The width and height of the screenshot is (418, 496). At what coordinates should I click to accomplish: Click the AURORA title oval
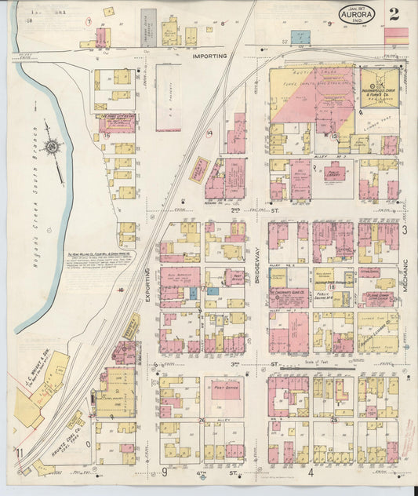pyautogui.click(x=357, y=14)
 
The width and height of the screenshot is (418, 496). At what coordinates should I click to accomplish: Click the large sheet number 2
pyautogui.click(x=393, y=13)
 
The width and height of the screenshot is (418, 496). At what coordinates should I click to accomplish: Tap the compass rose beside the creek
pyautogui.click(x=53, y=145)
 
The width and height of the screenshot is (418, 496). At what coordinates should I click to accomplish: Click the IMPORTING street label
pyautogui.click(x=210, y=57)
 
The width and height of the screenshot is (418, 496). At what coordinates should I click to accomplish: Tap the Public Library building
pyautogui.click(x=336, y=173)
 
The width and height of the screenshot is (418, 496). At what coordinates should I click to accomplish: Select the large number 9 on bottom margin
pyautogui.click(x=165, y=472)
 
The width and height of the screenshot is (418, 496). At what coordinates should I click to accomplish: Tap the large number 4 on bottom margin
pyautogui.click(x=311, y=472)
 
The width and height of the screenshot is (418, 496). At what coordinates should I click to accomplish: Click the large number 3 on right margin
pyautogui.click(x=405, y=230)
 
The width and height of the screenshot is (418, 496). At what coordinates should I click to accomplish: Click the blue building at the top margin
pyautogui.click(x=300, y=37)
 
